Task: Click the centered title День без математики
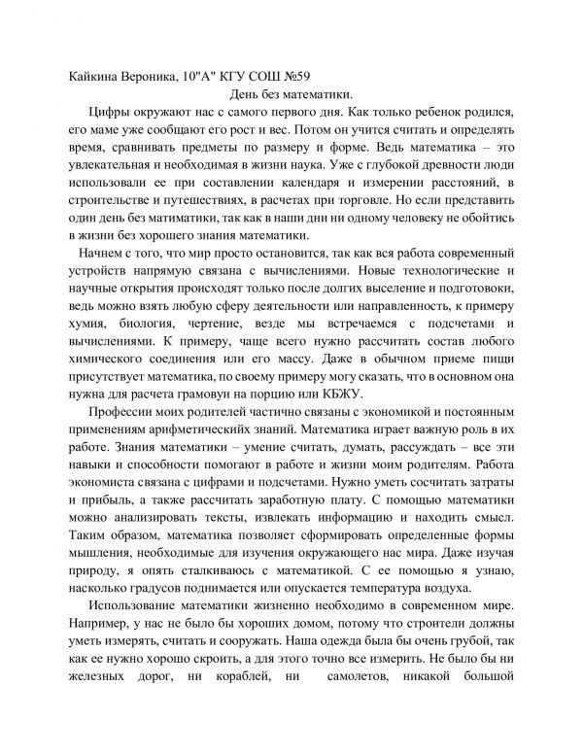[291, 95]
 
